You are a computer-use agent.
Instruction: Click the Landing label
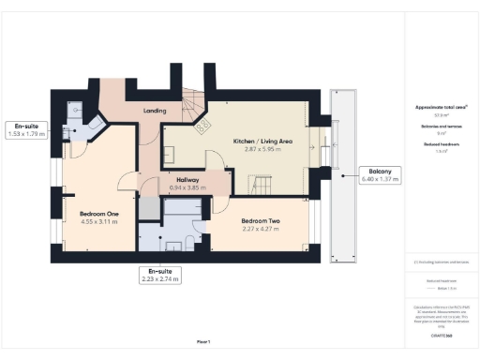click(x=155, y=111)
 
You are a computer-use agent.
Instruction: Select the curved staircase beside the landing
click(x=193, y=103)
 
